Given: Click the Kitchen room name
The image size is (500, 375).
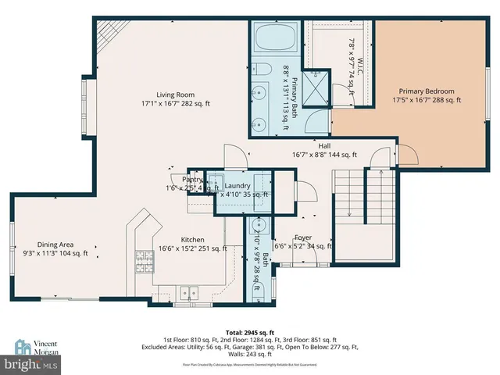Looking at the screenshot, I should coord(192,239).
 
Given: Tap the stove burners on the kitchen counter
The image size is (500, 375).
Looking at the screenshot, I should coord(145,257).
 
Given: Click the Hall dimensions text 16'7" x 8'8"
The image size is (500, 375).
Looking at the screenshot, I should coord(324,155).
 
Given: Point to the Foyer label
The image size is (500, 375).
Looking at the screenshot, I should coord(303,237).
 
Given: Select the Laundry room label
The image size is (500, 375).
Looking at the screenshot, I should coord(238,185).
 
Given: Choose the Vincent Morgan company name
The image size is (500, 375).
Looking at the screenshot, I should coord(45,348).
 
